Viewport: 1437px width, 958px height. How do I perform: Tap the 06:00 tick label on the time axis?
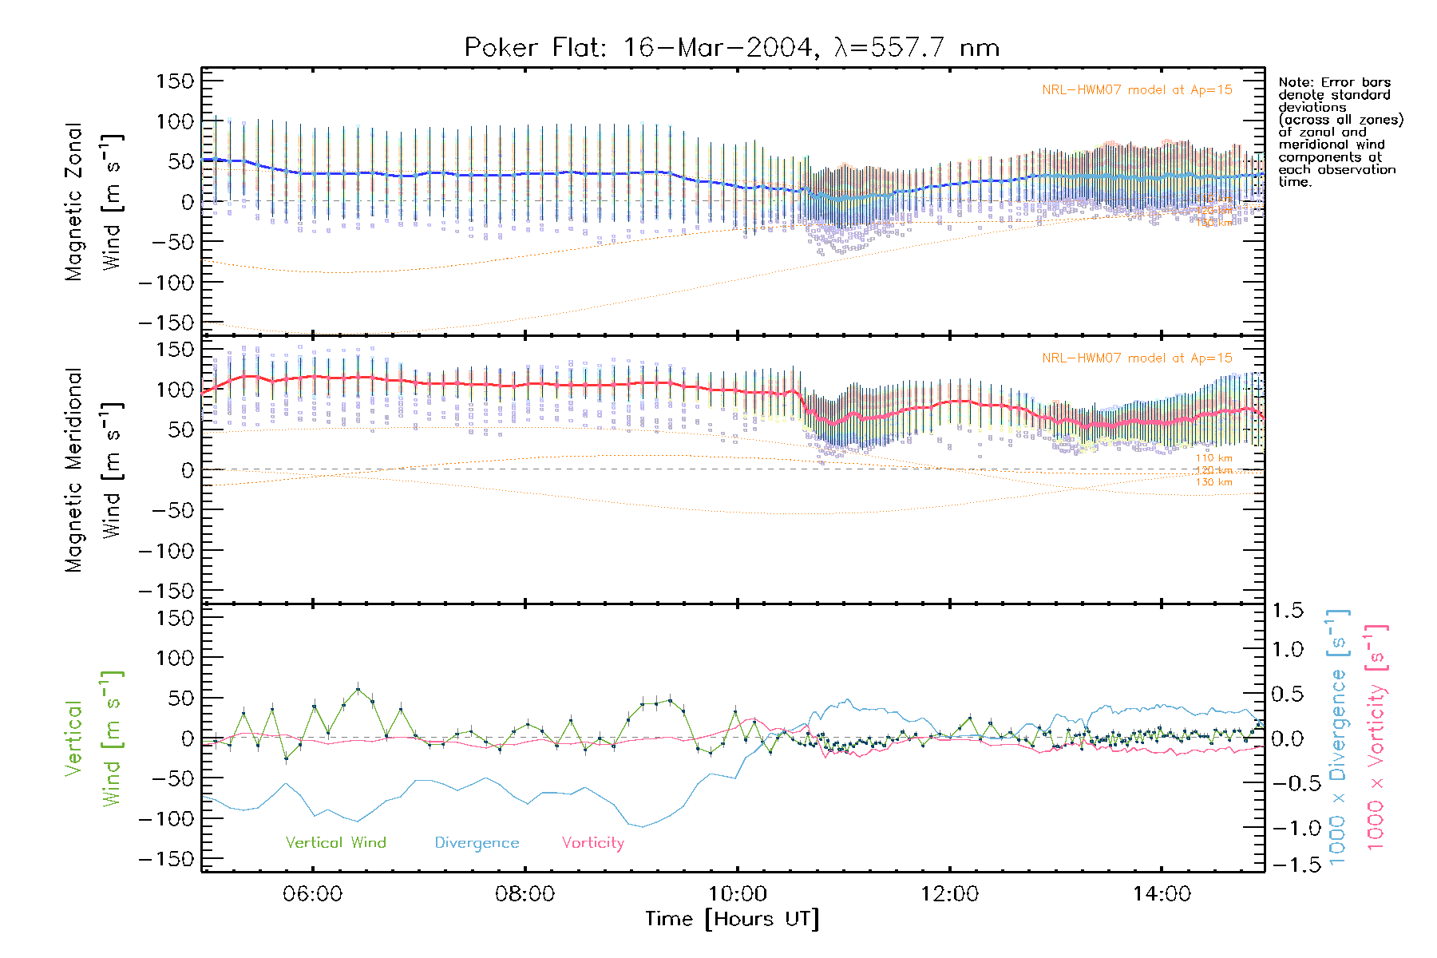point(312,894)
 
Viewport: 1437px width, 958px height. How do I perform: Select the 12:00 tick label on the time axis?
point(949,894)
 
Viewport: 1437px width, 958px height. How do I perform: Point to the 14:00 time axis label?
point(1162,894)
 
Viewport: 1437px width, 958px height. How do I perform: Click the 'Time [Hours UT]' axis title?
point(732,920)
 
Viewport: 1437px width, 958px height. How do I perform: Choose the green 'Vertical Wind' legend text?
point(335,843)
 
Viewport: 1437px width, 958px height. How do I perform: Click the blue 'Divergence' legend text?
point(477,843)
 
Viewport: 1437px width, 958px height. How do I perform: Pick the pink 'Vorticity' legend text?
point(592,843)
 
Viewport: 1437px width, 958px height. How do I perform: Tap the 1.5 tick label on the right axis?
point(1287,611)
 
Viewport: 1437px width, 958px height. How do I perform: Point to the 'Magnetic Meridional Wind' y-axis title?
point(94,470)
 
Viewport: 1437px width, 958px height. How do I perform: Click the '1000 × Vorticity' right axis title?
point(1376,737)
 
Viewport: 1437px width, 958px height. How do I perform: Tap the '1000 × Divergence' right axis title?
point(1338,737)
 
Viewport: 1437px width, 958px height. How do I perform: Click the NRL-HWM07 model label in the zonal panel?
point(1137,90)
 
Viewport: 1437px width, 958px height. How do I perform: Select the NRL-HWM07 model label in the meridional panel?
point(1137,358)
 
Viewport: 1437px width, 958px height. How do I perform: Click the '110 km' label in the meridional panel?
point(1213,458)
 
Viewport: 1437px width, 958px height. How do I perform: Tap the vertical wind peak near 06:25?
point(358,689)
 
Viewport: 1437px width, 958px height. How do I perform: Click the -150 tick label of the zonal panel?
point(166,323)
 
